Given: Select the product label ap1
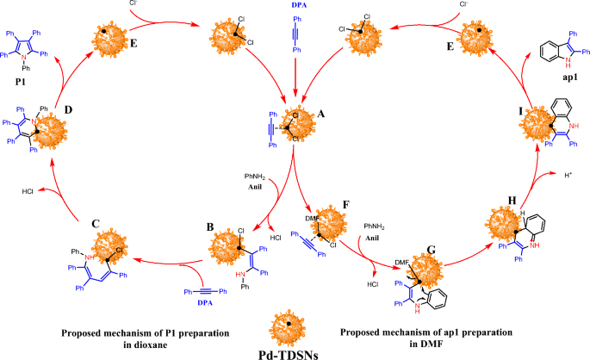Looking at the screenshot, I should pyautogui.click(x=560, y=75).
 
